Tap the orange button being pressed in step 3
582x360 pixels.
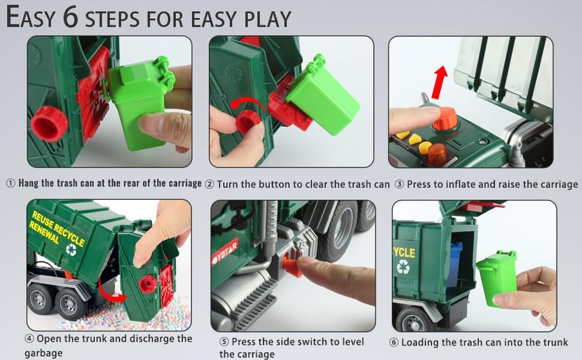pyautogui.click(x=445, y=118)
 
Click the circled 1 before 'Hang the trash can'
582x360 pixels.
pyautogui.click(x=11, y=184)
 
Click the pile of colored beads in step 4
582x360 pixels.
pyautogui.click(x=138, y=315)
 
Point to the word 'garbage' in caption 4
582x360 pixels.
pyautogui.click(x=43, y=353)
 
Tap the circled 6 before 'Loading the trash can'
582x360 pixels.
pyautogui.click(x=394, y=342)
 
